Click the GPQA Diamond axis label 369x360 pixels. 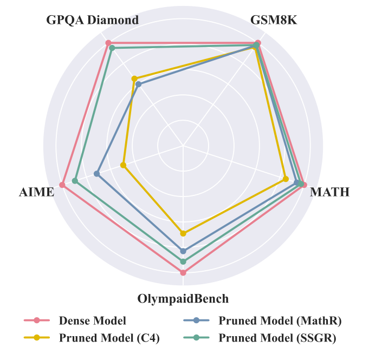(x=92, y=20)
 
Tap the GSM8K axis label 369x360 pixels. (x=274, y=20)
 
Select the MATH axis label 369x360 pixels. (x=329, y=192)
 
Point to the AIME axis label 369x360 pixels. (x=36, y=192)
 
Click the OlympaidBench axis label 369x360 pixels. (x=183, y=299)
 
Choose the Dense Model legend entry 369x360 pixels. (x=92, y=320)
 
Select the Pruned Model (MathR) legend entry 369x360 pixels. (x=280, y=320)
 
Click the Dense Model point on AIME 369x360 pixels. (x=62, y=185)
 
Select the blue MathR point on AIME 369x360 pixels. (x=96, y=174)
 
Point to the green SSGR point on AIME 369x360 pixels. (x=75, y=180)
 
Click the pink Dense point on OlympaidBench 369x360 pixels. (x=183, y=273)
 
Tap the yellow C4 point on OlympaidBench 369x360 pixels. (x=183, y=233)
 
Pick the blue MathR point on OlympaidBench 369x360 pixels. (x=183, y=251)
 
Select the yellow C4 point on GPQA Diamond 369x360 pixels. (x=134, y=79)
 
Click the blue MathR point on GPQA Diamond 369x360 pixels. (x=138, y=84)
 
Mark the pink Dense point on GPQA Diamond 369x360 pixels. (x=108, y=43)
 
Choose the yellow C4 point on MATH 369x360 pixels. (x=286, y=178)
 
